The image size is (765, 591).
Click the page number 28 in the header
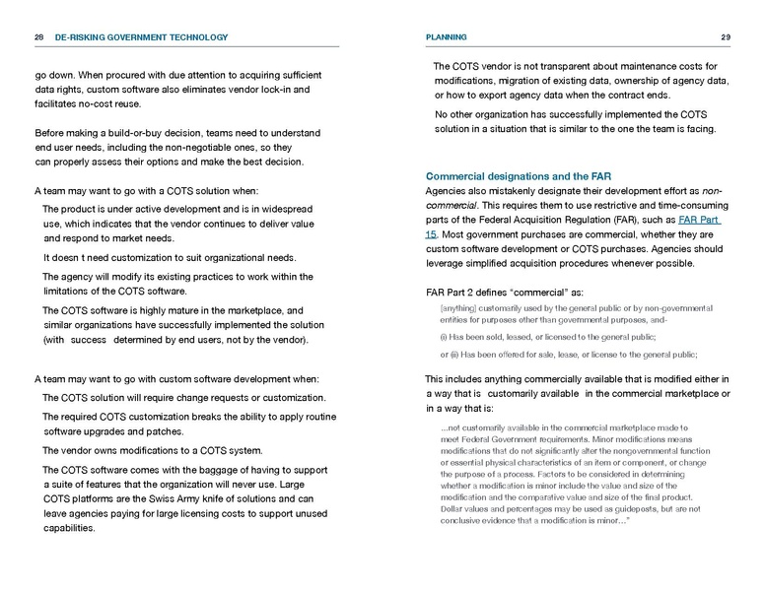click(38, 37)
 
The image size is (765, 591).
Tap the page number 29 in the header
click(725, 37)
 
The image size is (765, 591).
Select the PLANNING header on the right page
click(447, 37)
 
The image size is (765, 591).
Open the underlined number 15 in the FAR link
click(431, 234)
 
